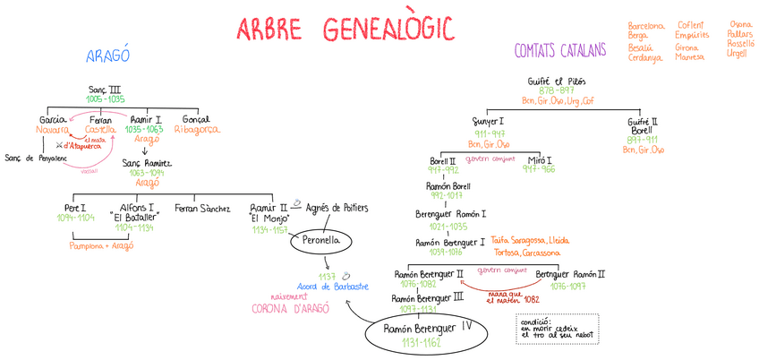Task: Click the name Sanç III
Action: coord(105,90)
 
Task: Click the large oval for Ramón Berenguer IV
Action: coord(425,335)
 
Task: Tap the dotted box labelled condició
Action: coord(557,328)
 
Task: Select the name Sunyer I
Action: coord(488,121)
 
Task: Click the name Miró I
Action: coord(539,159)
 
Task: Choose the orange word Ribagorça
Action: coord(196,129)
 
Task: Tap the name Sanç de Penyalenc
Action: coord(37,159)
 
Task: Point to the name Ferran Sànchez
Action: coord(202,209)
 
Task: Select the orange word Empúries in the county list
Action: coord(692,36)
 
